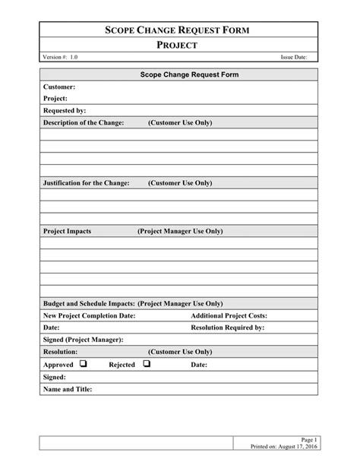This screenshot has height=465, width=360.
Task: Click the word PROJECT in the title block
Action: (179, 46)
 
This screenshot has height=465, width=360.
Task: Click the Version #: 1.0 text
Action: (60, 58)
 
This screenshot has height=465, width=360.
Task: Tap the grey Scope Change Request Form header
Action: (179, 75)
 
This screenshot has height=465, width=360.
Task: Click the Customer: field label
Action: (59, 87)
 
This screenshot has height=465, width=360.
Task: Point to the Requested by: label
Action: (65, 110)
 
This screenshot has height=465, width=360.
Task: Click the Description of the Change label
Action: (84, 122)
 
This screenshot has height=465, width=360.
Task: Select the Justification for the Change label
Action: (86, 183)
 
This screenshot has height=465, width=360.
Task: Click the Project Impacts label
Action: (68, 230)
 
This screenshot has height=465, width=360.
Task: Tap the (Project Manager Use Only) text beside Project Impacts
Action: (180, 230)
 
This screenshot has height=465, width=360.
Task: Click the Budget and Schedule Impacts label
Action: (90, 303)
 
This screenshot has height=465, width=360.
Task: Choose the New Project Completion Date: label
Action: (90, 315)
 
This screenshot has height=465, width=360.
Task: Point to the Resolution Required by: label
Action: (227, 327)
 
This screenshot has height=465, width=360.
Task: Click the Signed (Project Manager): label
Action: (84, 340)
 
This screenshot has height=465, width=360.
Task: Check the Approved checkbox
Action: (83, 364)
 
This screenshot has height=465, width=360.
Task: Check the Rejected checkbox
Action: (147, 364)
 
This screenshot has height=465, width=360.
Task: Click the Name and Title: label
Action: (68, 389)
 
